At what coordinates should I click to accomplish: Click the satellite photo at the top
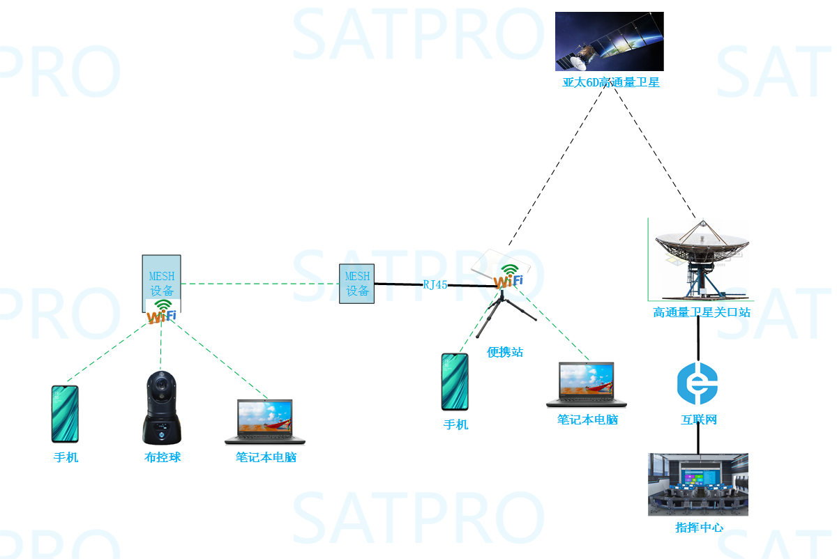coord(609,41)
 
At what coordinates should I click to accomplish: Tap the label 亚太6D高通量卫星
coord(610,82)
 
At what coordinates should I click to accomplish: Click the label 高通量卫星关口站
coord(701,312)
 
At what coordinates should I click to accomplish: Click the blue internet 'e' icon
coord(697,383)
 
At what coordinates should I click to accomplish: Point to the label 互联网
coord(698,420)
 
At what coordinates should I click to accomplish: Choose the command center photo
coord(697,484)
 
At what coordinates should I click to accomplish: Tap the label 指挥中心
coord(699,528)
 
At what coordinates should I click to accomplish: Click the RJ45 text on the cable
coord(435,284)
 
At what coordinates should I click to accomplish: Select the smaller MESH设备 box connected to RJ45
coord(357,284)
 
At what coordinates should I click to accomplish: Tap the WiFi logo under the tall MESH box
coord(162,312)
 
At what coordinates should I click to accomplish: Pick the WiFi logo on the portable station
coord(508,277)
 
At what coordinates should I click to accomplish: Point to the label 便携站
coord(505,352)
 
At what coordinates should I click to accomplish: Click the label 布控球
coord(162,457)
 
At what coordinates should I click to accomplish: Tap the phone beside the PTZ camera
coord(65,414)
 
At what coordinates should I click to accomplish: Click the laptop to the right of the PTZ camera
coord(265,422)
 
